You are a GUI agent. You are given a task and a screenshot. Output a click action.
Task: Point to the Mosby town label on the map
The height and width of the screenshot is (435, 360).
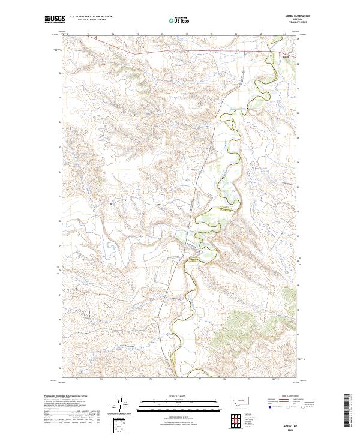point(285,57)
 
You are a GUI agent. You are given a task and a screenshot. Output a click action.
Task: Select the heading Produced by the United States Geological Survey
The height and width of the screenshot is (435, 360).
point(65,395)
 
